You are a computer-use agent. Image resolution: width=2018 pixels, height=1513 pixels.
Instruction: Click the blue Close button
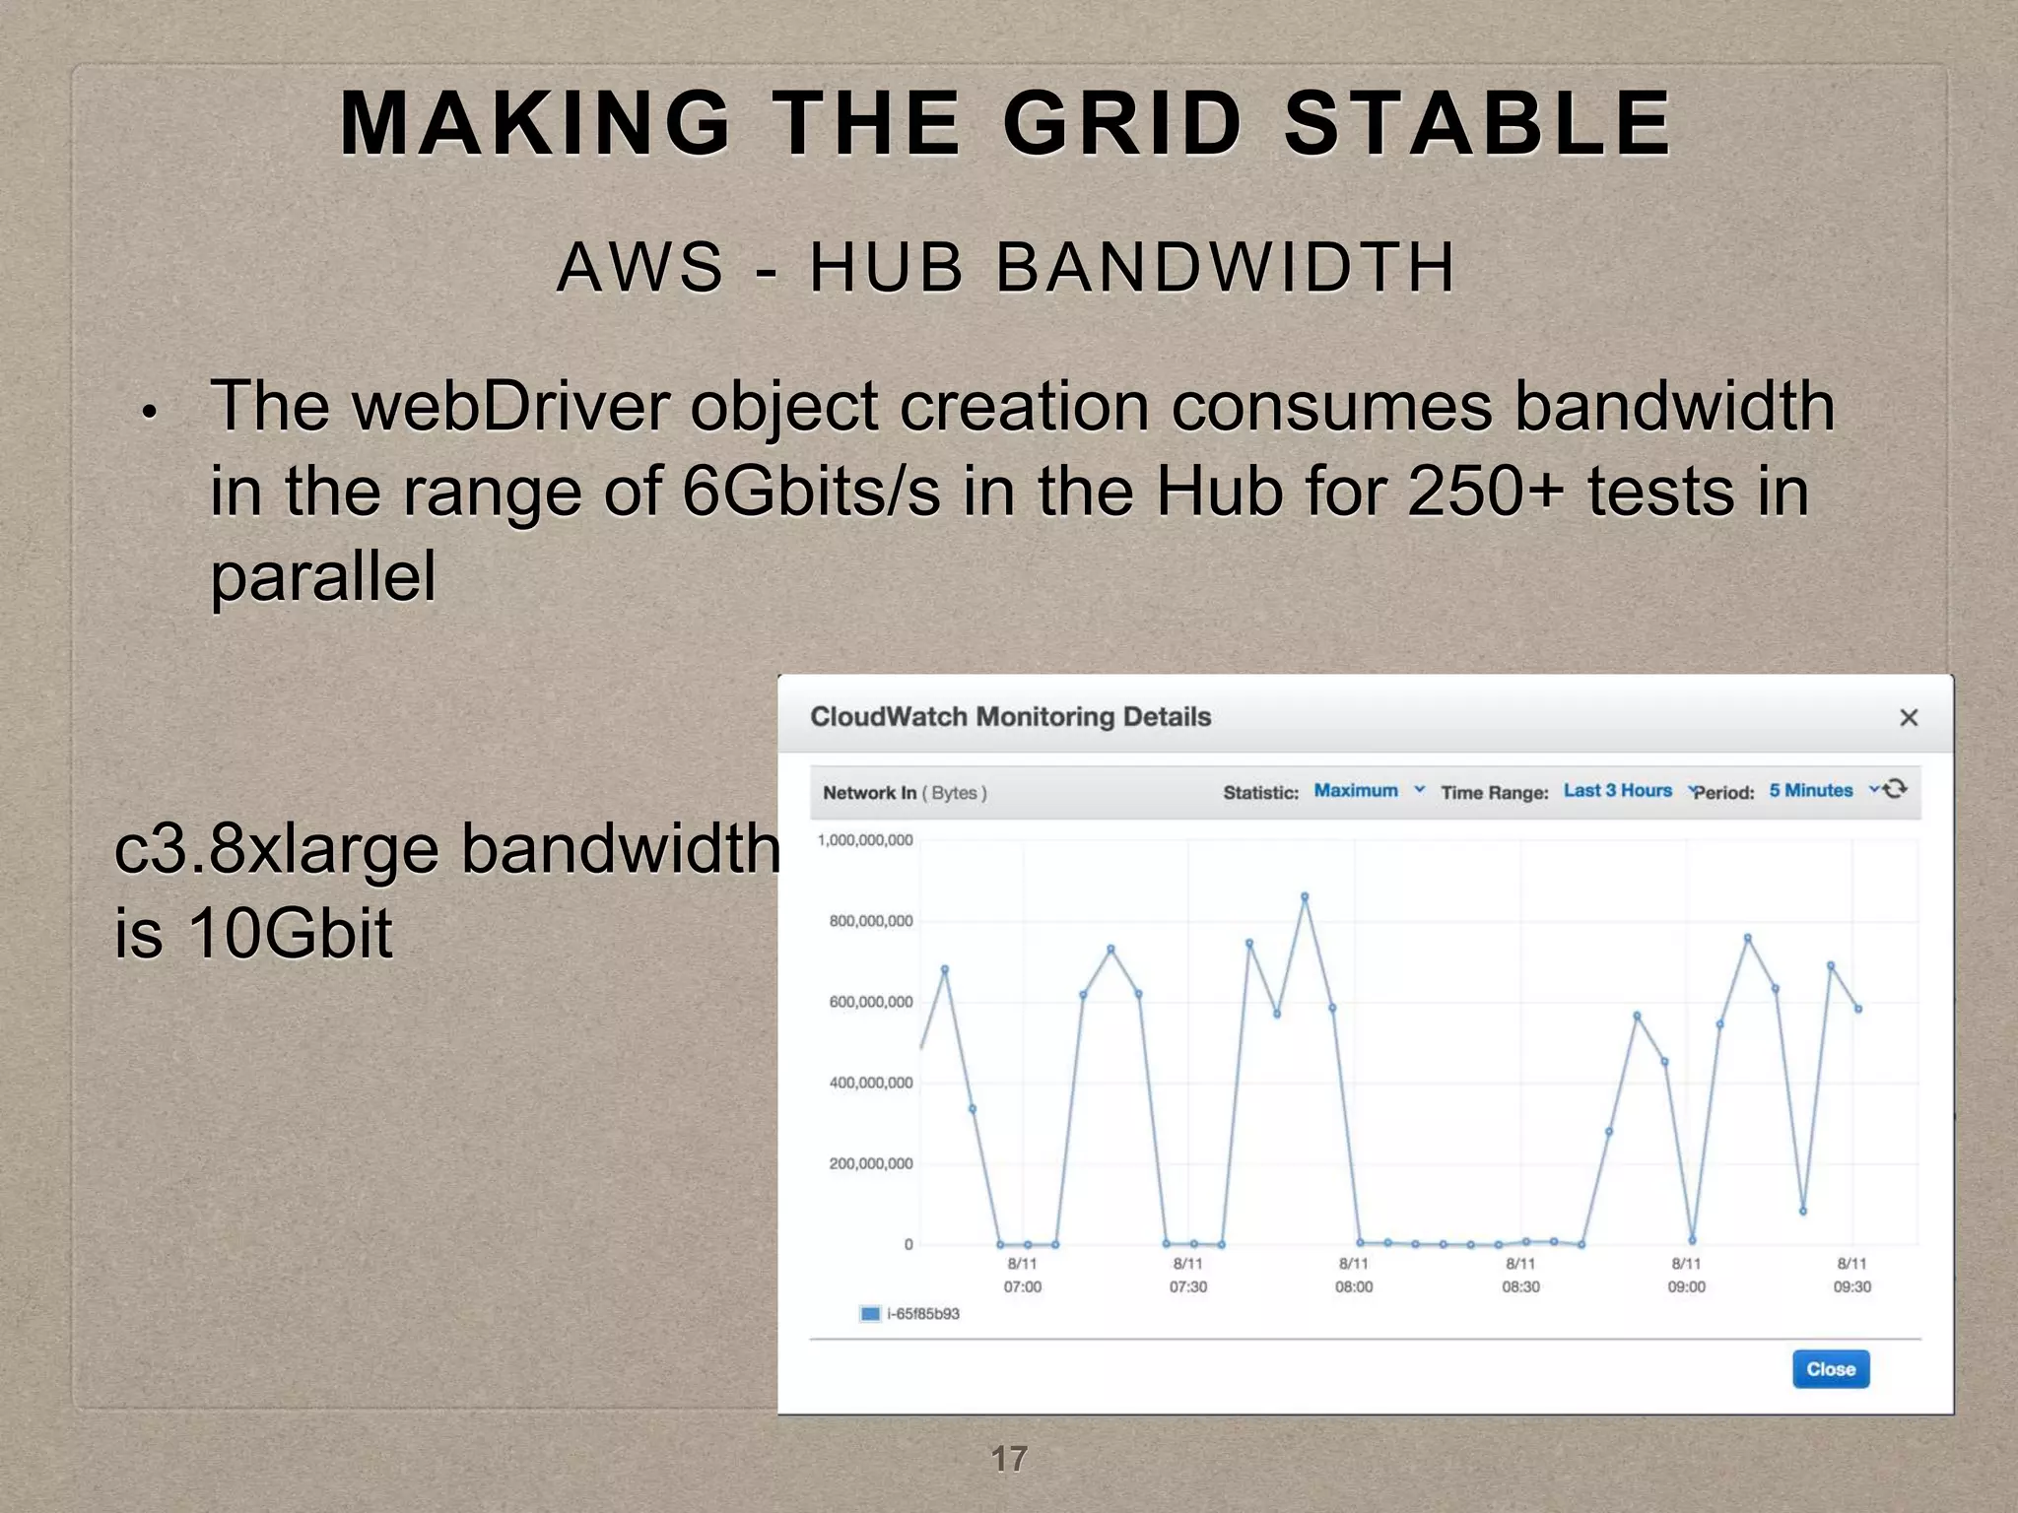pyautogui.click(x=1830, y=1369)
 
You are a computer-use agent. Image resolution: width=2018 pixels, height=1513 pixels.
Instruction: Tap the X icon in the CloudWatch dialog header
pyautogui.click(x=1909, y=718)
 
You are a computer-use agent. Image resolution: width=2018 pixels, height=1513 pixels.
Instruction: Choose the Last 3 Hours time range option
pyautogui.click(x=1618, y=791)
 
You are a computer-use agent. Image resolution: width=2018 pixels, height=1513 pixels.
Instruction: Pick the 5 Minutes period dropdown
pyautogui.click(x=1811, y=791)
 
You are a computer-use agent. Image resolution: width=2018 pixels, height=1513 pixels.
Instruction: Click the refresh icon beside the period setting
pyautogui.click(x=1896, y=789)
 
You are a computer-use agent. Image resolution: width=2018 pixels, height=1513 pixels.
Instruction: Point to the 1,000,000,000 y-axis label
pyautogui.click(x=865, y=840)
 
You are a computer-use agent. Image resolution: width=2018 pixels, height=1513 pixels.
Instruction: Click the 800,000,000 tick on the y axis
pyautogui.click(x=870, y=921)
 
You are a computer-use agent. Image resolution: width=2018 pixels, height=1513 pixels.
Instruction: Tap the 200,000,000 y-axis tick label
pyautogui.click(x=870, y=1163)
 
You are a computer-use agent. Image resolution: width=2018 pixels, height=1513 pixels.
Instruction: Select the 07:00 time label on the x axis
pyautogui.click(x=1023, y=1286)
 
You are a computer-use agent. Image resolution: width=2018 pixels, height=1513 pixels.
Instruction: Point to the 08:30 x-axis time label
pyautogui.click(x=1520, y=1286)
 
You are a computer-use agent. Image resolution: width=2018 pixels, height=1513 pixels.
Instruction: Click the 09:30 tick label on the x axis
pyautogui.click(x=1851, y=1286)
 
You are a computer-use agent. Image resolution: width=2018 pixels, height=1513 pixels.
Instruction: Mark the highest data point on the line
pyautogui.click(x=1305, y=896)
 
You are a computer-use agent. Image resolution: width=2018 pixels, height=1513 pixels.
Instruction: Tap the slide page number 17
pyautogui.click(x=1008, y=1459)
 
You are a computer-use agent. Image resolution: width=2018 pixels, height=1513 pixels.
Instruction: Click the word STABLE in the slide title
pyautogui.click(x=1477, y=124)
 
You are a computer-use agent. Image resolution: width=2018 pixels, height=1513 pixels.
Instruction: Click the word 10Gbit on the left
pyautogui.click(x=290, y=932)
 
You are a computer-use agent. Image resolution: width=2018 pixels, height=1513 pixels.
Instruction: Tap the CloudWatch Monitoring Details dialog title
pyautogui.click(x=1010, y=717)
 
